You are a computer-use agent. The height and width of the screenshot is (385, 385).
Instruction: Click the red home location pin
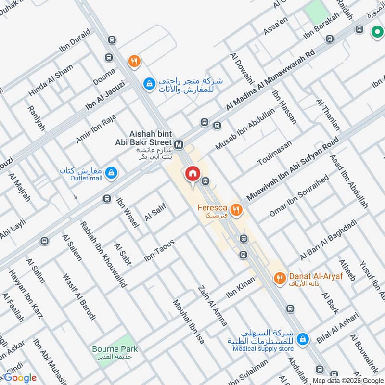click(x=192, y=174)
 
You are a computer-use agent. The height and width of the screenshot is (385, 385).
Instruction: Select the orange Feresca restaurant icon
click(x=236, y=209)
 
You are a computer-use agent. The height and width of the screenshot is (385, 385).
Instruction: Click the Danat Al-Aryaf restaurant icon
click(x=279, y=278)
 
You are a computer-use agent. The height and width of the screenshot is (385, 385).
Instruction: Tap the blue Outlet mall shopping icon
click(x=112, y=172)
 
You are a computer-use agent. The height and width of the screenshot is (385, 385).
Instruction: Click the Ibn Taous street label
click(x=159, y=251)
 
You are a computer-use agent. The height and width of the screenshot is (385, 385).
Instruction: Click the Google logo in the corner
click(x=19, y=378)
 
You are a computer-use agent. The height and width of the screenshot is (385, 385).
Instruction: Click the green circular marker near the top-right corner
click(x=376, y=32)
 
